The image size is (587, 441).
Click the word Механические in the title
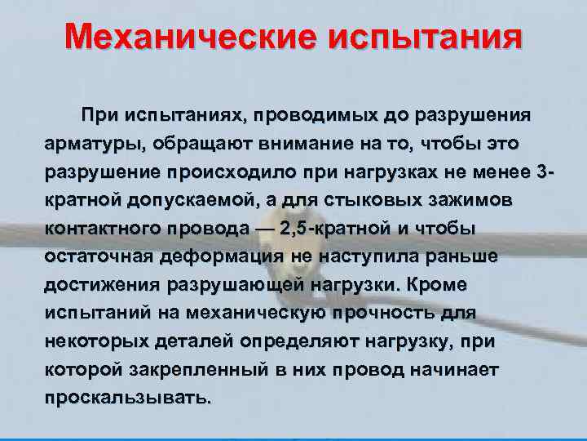coord(193,37)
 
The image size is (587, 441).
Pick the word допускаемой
coord(183,202)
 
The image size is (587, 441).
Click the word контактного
coord(99,229)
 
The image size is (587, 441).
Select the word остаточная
coord(95,258)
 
